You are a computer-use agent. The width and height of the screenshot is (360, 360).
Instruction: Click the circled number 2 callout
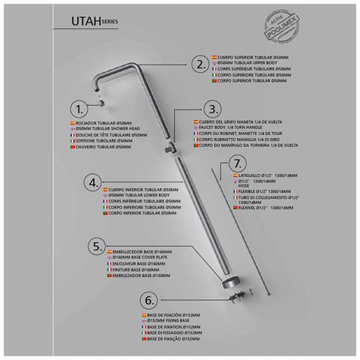(199, 64)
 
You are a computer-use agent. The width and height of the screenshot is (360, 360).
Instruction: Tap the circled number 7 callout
(236, 163)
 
